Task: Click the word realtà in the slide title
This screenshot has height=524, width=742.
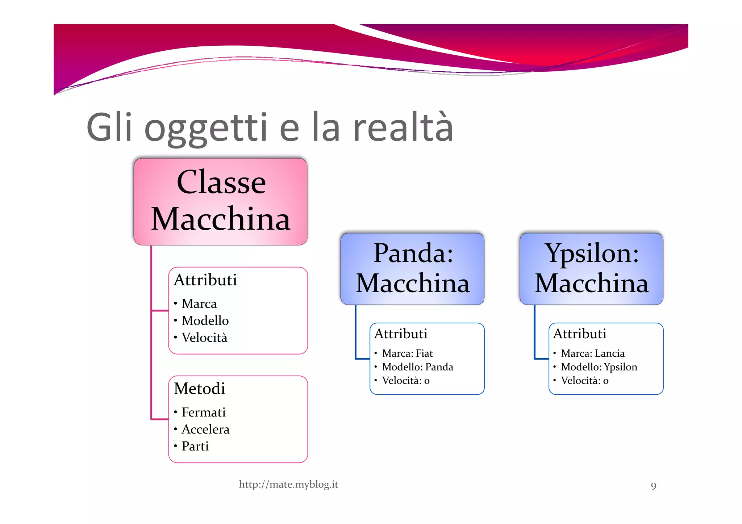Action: point(403,127)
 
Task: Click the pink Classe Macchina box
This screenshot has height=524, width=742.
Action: point(221,202)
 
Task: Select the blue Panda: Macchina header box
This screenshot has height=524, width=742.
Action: point(412,268)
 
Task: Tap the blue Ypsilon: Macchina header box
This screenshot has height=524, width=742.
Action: point(591,268)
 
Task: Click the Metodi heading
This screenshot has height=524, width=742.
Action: point(200,389)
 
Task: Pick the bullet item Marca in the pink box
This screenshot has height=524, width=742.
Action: point(199,303)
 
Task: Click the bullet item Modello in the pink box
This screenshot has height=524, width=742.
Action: point(205,320)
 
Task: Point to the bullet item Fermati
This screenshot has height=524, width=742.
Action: point(204,412)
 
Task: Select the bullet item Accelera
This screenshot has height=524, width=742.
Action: point(205,429)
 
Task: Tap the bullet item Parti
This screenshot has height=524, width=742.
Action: point(195,446)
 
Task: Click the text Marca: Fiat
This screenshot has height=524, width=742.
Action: point(407,353)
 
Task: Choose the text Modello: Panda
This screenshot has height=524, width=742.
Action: point(417,367)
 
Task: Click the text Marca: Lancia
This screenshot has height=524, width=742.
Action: point(593,353)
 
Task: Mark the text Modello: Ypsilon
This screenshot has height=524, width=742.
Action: point(599,367)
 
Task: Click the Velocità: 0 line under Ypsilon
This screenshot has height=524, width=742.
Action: point(584,381)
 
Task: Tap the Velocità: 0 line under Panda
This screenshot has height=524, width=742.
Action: point(406,381)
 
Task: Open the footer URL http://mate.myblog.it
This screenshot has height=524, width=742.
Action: point(288,485)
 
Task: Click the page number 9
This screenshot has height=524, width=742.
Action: point(653,486)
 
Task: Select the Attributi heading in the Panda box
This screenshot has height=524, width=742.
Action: point(401,334)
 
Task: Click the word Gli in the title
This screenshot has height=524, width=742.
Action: point(109,127)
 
